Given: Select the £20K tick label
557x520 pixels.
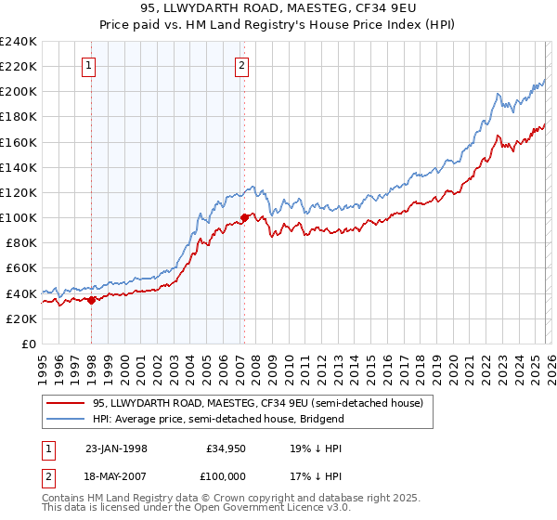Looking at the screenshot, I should (21, 318).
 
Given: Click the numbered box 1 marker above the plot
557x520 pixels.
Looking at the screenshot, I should (88, 65).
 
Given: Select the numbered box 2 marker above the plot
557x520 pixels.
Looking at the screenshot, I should (241, 65).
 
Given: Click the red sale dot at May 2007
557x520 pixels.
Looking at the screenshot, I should (244, 217).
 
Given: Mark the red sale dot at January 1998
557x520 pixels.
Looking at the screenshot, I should (92, 299).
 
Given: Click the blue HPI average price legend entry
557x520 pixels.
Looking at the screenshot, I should (218, 419).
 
